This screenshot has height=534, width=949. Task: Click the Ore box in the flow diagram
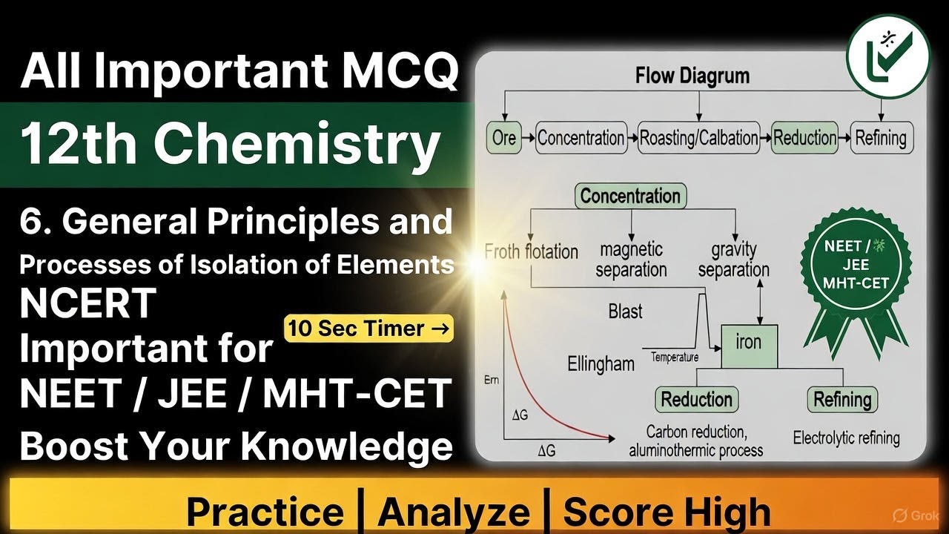tap(504, 138)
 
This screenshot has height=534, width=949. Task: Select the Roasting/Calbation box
tap(698, 138)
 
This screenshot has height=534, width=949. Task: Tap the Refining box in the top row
tap(880, 138)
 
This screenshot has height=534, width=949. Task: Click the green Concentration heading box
tap(630, 197)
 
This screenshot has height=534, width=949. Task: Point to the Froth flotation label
tap(531, 251)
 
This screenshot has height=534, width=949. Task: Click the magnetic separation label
tap(631, 260)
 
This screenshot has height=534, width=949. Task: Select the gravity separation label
tap(733, 260)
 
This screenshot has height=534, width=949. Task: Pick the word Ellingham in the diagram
tap(601, 364)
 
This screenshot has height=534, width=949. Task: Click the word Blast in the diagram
tap(625, 311)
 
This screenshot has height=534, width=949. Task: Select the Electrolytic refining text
tap(846, 438)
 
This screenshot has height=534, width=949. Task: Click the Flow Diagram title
tap(692, 75)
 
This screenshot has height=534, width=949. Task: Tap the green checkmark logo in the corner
tap(887, 56)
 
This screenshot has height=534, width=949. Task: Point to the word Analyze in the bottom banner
tap(454, 512)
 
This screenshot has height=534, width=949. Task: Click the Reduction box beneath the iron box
tap(696, 400)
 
